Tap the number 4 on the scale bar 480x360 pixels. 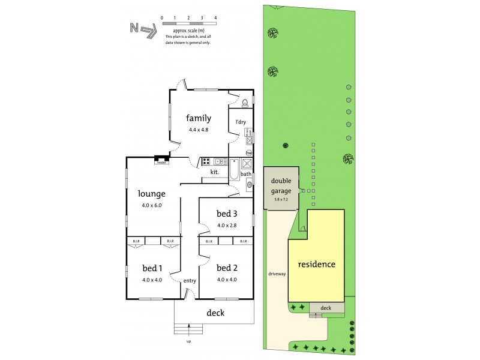pyautogui.click(x=215, y=18)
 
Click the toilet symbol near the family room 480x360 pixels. pyautogui.click(x=245, y=103)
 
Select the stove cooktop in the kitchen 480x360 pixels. pyautogui.click(x=206, y=161)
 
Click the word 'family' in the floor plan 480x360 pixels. pyautogui.click(x=198, y=118)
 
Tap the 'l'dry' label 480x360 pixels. pyautogui.click(x=241, y=122)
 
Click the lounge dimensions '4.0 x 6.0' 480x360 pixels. pyautogui.click(x=152, y=205)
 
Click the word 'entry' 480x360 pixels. pyautogui.click(x=190, y=281)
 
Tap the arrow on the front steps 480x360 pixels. pyautogui.click(x=190, y=328)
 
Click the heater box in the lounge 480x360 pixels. pyautogui.click(x=161, y=160)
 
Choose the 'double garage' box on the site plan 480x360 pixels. pyautogui.click(x=281, y=187)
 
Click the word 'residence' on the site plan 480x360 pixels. pyautogui.click(x=317, y=264)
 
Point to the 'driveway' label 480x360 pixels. pyautogui.click(x=277, y=274)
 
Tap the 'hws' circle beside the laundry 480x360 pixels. pyautogui.click(x=248, y=152)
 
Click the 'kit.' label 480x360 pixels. pyautogui.click(x=214, y=172)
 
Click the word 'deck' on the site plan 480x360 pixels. pyautogui.click(x=326, y=308)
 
